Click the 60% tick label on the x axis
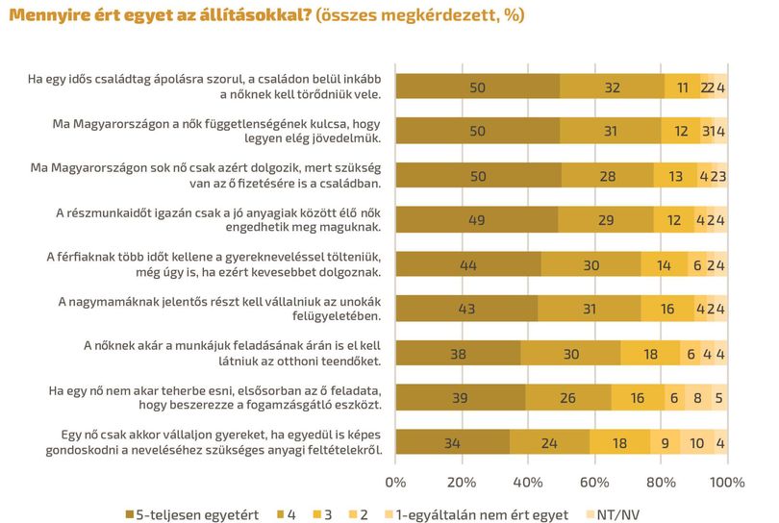coord(594,483)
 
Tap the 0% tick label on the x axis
coord(395,483)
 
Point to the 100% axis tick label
coord(727,483)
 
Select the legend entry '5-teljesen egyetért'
coord(192,514)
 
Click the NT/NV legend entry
coord(613,514)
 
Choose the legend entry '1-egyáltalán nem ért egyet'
coord(476,514)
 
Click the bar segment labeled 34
coord(453,441)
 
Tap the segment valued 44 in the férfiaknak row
coord(468,264)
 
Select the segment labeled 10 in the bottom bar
coord(697,441)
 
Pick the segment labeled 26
coord(568,397)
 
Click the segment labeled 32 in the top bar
coord(612,87)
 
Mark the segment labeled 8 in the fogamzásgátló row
coord(697,397)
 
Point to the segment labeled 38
coord(459,353)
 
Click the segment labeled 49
coord(477,220)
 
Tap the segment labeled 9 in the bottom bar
coord(666,441)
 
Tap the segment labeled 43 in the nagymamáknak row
coord(467,309)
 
